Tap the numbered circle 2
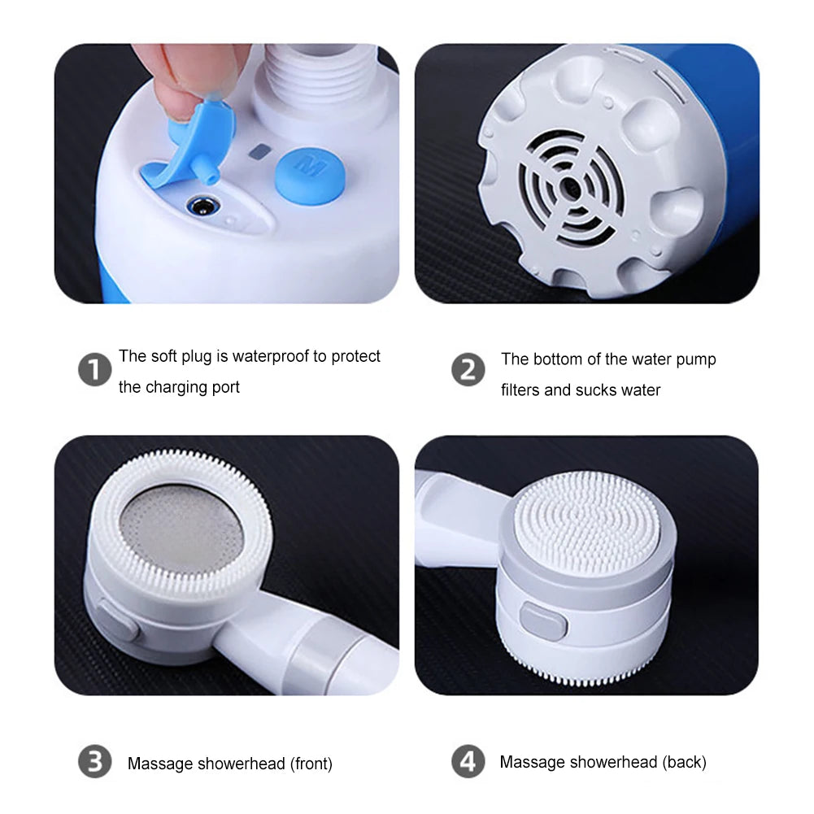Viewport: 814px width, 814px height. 468,371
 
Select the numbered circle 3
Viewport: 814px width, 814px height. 94,763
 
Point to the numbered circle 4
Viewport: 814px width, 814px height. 468,763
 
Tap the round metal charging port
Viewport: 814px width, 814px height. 198,207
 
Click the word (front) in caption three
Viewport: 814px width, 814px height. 310,764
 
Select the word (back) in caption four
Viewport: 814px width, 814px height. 684,762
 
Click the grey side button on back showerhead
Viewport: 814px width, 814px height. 544,623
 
